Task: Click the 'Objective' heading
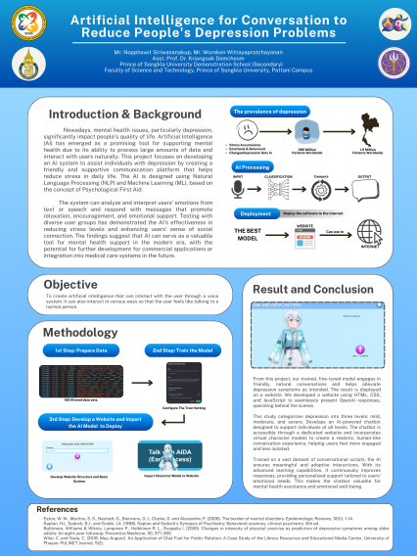point(71,285)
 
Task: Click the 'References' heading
point(57,509)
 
